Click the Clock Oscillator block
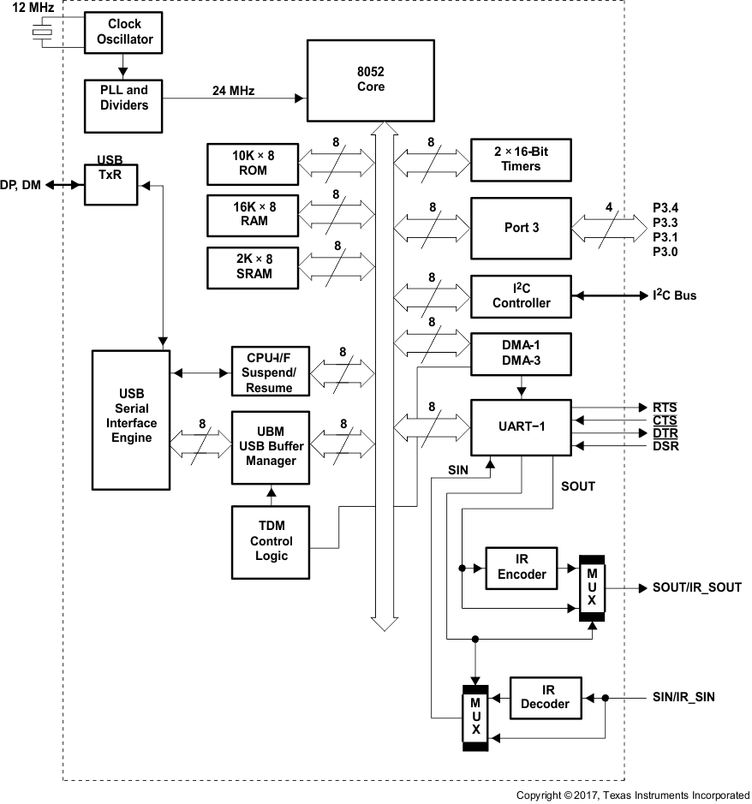pos(124,32)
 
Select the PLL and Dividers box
pos(124,97)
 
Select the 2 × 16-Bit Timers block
pos(521,159)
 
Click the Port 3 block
pos(521,229)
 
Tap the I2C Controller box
pos(521,295)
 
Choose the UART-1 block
pos(521,427)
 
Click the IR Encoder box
pos(521,567)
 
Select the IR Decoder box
pos(545,697)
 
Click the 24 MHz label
pos(234,90)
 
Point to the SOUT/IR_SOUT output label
pos(696,587)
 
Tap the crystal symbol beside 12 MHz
pos(40,33)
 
